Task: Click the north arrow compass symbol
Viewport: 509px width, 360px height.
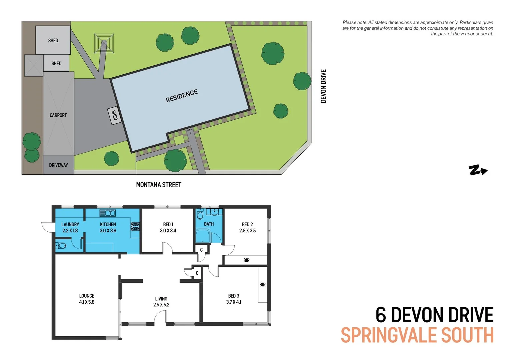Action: (478, 170)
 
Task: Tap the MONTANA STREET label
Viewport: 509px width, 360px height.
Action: (159, 185)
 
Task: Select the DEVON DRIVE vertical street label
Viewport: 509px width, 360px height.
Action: (323, 86)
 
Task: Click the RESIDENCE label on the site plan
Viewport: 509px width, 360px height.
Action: (182, 96)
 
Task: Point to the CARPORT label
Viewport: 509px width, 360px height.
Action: (58, 115)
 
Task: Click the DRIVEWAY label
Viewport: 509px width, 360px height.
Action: (58, 165)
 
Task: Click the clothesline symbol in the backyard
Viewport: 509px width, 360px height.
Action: (104, 43)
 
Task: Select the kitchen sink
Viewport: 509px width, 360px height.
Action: (107, 213)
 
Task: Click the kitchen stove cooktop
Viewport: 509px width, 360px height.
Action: (135, 227)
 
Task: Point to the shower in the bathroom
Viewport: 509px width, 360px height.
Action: (203, 236)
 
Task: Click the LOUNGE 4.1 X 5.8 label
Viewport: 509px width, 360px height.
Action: (87, 299)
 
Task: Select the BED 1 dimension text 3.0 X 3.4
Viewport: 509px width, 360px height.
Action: (168, 231)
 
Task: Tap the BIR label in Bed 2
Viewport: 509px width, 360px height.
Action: (246, 260)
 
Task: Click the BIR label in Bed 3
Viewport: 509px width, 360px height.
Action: (262, 285)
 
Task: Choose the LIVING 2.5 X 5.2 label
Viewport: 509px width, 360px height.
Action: (161, 302)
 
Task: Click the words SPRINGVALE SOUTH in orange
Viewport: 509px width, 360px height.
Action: (417, 335)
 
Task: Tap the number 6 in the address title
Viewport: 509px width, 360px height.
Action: (381, 315)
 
